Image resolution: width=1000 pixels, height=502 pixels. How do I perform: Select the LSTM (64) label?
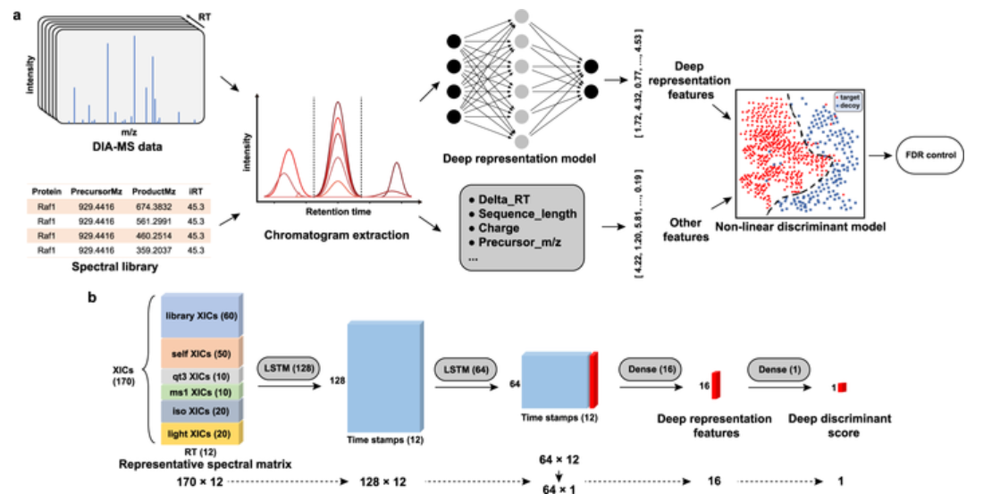[x=463, y=368]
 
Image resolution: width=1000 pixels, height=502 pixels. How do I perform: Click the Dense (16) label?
[x=645, y=368]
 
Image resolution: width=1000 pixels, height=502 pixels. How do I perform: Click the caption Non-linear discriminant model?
[x=819, y=227]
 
